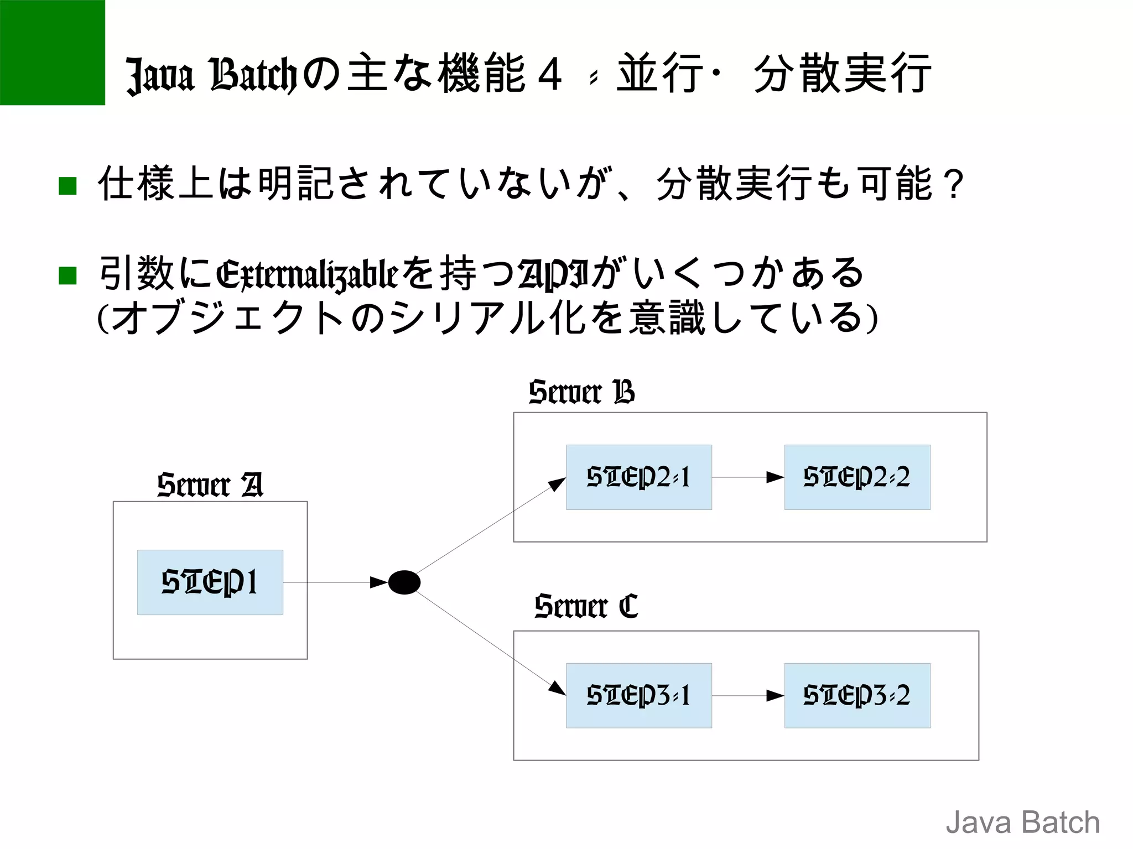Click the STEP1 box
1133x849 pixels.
click(210, 582)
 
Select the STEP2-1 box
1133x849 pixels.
click(638, 477)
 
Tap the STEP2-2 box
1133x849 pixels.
click(857, 477)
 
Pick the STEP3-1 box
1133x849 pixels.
click(638, 695)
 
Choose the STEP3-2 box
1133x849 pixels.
click(857, 695)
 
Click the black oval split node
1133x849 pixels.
click(404, 582)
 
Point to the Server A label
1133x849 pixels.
click(210, 485)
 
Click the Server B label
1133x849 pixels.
click(581, 392)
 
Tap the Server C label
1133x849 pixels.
click(586, 606)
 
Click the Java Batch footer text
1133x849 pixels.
click(1022, 822)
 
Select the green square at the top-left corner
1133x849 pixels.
click(53, 53)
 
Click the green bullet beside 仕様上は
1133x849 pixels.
click(67, 186)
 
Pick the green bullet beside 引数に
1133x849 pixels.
click(67, 275)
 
